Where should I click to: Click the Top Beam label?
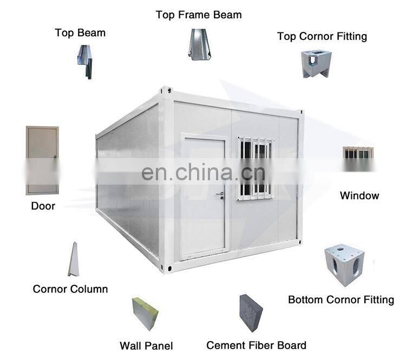[x=80, y=32]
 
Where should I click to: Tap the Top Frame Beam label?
[x=199, y=15]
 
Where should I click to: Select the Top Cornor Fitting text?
[x=322, y=36]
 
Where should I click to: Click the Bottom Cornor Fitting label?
[x=341, y=299]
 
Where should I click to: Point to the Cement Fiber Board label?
[x=256, y=345]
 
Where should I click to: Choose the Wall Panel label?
[x=146, y=345]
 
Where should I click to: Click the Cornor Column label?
[x=70, y=289]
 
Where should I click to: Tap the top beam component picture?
[x=84, y=62]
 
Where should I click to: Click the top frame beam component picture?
[x=199, y=44]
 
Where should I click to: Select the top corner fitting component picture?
[x=316, y=63]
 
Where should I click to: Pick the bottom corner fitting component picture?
[x=344, y=265]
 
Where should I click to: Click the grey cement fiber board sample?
[x=251, y=313]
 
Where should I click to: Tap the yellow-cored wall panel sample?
[x=145, y=313]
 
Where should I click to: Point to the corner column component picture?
[x=73, y=260]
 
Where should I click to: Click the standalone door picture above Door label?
[x=42, y=160]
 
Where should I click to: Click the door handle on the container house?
[x=220, y=193]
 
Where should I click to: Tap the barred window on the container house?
[x=255, y=168]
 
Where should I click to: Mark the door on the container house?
[x=203, y=196]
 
